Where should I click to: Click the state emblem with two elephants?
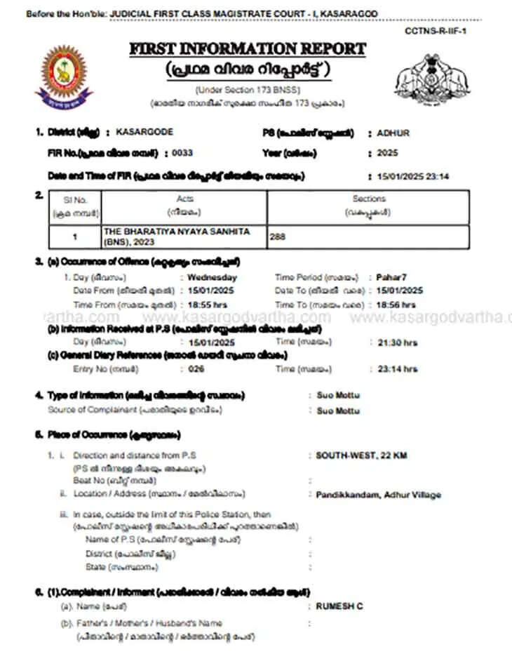coord(433,77)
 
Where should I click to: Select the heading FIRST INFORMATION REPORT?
coord(248,49)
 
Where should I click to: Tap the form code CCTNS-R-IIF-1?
coord(436,31)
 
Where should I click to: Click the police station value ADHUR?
coord(393,133)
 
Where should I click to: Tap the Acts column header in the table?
coord(184,199)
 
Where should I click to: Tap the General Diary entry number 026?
coord(196,368)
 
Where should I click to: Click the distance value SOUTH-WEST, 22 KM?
coord(361,455)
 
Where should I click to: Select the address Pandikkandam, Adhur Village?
coord(378,495)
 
